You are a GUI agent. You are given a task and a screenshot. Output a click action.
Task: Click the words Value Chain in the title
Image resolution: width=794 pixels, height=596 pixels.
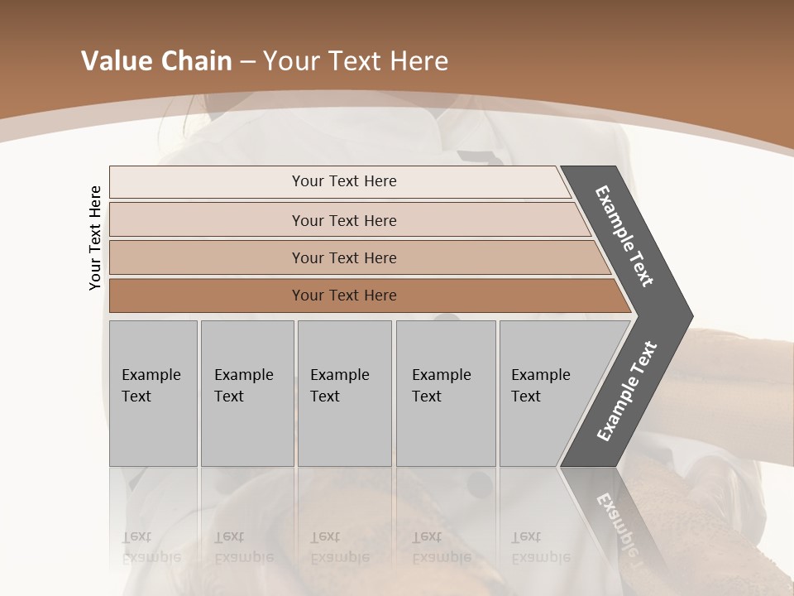pos(156,61)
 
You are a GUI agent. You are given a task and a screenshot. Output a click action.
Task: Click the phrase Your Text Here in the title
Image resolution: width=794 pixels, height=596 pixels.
pos(356,61)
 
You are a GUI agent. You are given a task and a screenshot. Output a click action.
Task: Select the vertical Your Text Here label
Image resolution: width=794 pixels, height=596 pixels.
pos(96,238)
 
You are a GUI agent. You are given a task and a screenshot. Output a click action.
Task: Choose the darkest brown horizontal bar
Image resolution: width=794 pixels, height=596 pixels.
pos(207,296)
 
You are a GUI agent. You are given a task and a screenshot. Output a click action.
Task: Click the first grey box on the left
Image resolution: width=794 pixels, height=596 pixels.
pos(153,393)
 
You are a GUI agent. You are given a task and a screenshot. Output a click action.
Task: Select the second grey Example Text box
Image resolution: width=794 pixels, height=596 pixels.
pos(246,393)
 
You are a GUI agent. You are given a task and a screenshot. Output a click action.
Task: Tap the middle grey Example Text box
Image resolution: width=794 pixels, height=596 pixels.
pos(344,393)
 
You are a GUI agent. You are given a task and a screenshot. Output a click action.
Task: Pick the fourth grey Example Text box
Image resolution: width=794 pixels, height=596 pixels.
pos(445,393)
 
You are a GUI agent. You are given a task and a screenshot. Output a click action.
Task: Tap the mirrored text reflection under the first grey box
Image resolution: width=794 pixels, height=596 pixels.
pos(151,547)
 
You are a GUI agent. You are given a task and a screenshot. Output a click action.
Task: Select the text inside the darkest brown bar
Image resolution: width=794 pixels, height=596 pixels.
pos(344,296)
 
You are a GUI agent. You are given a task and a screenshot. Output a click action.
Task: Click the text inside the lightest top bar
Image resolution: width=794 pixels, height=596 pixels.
pos(344,181)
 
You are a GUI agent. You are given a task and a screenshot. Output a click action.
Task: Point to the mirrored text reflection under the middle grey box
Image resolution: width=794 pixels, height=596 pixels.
pos(339,547)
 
